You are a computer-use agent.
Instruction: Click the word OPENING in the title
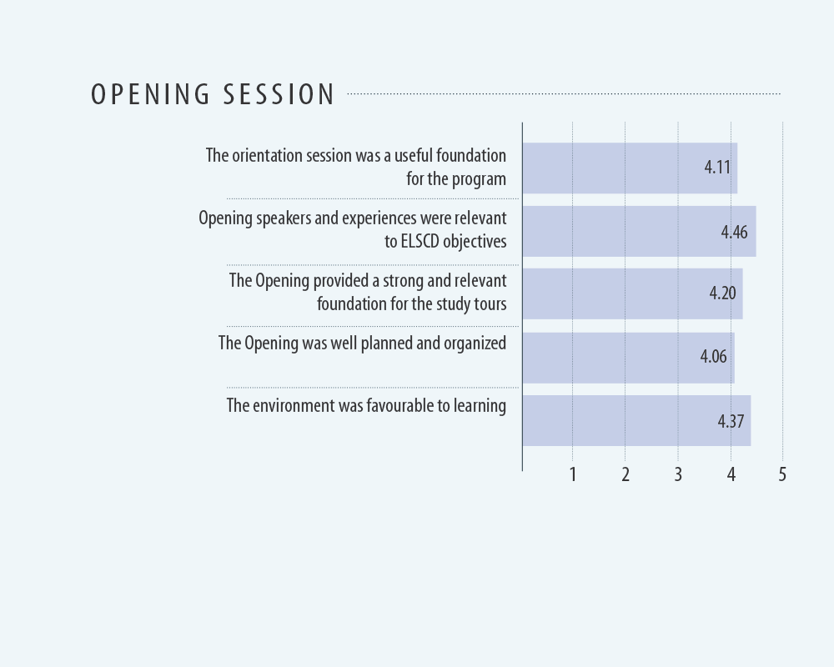click(x=150, y=95)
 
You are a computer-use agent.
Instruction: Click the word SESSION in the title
click(x=279, y=95)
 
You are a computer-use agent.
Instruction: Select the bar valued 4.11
click(x=630, y=168)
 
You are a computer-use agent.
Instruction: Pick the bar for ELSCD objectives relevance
click(x=640, y=232)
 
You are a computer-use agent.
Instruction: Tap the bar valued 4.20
click(x=632, y=293)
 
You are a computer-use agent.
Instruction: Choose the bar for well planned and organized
click(x=629, y=358)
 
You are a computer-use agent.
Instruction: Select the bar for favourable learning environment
click(x=636, y=420)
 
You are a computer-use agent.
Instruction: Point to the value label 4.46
click(x=734, y=233)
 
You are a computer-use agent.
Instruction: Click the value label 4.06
click(x=713, y=356)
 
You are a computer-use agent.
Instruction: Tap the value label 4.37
click(x=731, y=421)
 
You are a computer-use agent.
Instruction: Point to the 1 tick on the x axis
click(x=573, y=474)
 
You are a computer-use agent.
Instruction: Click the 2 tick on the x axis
click(x=625, y=474)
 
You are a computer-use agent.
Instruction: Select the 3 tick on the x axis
click(x=678, y=474)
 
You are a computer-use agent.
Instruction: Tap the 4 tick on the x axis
click(x=731, y=474)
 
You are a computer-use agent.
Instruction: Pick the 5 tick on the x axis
click(x=782, y=474)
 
